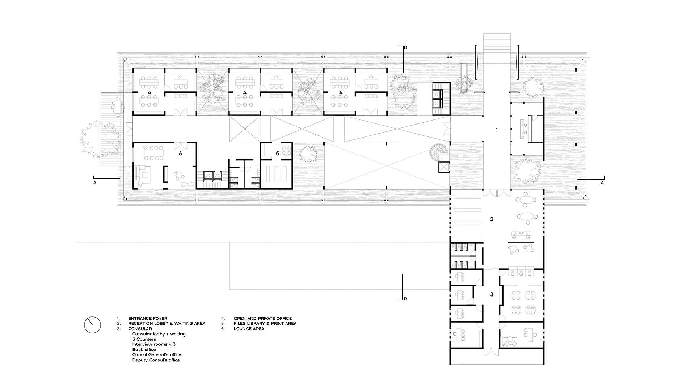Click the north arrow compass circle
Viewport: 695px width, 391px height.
coord(92,325)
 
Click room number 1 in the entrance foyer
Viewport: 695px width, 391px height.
coord(497,130)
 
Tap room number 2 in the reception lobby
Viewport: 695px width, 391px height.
coord(492,219)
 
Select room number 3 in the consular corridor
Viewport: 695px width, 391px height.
coord(492,294)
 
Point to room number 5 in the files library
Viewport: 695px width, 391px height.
coord(278,154)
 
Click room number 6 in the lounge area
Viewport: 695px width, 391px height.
coord(180,154)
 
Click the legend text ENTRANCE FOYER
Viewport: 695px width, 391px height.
coord(148,319)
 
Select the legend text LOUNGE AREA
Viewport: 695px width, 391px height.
coord(249,329)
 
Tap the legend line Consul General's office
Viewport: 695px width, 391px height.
coord(156,355)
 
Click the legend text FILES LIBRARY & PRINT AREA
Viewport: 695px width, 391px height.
coord(265,324)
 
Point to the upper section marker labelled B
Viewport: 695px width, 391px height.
coord(405,47)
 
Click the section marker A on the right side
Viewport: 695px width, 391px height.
coord(602,182)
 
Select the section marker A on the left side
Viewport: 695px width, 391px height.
coord(95,182)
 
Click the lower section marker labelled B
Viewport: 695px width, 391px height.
coord(405,299)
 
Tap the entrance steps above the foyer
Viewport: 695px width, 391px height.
coord(497,43)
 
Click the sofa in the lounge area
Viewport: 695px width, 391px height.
coord(140,176)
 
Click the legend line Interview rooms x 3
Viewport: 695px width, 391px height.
coord(154,344)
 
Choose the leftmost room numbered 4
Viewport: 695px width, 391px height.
coord(149,93)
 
